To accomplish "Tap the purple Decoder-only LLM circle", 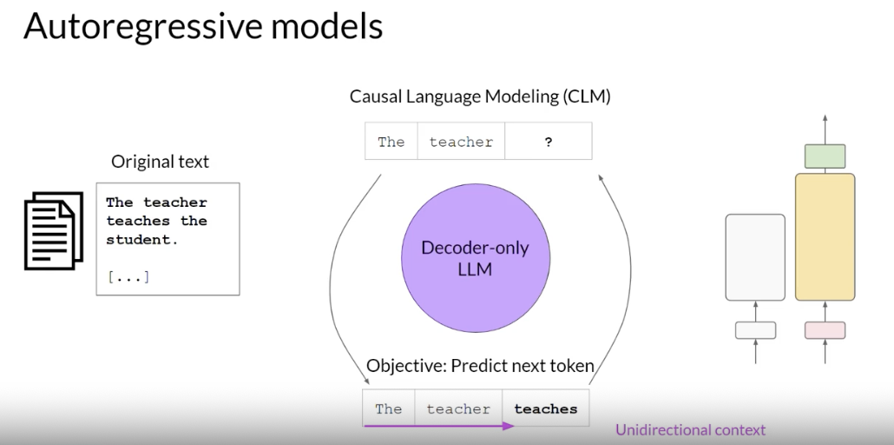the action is pos(476,257).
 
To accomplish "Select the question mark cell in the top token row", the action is pos(548,141).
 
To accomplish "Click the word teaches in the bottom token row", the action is pos(546,409).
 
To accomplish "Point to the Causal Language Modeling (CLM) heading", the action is pos(480,96).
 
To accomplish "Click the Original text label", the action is pos(161,162).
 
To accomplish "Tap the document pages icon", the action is pos(54,231).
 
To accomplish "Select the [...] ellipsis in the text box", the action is pos(128,277).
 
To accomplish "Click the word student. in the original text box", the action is pos(142,240).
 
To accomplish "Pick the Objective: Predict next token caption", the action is pos(480,366).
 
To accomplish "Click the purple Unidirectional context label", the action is pos(690,429).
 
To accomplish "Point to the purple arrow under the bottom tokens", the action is pos(439,426).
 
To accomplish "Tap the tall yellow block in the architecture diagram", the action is pos(825,237).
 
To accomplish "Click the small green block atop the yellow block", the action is pos(825,156).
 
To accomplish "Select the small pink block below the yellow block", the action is pos(825,330).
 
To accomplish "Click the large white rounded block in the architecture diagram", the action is pos(755,257).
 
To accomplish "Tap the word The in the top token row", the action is pos(391,142).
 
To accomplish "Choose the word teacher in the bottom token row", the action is pos(458,409).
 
